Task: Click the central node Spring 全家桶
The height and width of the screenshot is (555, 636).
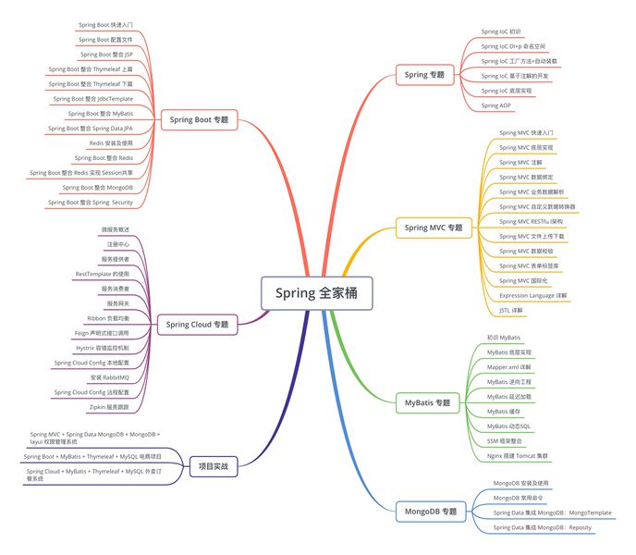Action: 316,293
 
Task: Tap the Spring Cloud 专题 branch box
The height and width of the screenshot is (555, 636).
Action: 197,324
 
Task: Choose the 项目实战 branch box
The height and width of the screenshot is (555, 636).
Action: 214,465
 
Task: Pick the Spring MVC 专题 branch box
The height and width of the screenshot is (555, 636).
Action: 433,227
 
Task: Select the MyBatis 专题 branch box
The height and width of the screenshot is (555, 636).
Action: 428,403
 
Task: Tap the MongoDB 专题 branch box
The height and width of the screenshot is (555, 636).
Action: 431,511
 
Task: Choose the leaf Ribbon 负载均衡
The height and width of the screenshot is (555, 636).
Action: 108,317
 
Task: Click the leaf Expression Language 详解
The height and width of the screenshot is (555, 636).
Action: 533,295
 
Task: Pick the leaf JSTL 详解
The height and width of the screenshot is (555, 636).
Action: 510,310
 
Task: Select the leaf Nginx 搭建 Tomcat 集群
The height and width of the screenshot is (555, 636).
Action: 522,456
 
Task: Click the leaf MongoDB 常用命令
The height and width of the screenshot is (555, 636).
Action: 520,498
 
